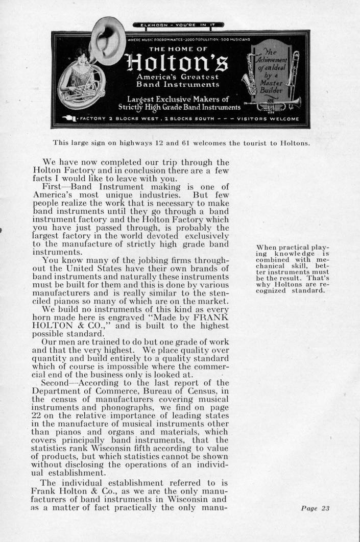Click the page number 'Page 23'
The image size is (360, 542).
tap(316, 508)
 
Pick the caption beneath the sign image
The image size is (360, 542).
tap(181, 143)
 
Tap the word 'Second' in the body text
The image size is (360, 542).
tap(57, 382)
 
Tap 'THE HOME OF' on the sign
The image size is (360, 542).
tap(178, 50)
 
